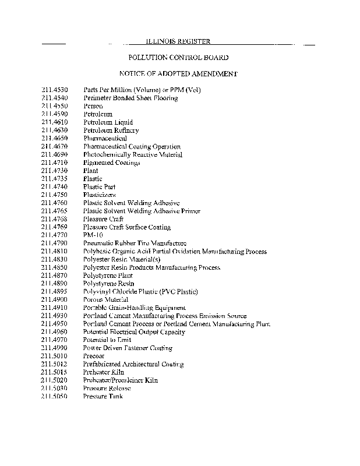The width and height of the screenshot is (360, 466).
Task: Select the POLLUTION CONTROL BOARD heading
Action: click(178, 58)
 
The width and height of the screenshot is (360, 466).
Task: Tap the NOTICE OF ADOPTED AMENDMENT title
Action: click(178, 74)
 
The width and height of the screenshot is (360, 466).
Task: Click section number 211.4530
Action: click(55, 90)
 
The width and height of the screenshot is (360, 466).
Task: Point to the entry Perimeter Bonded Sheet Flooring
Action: click(130, 98)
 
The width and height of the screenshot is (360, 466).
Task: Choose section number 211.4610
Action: click(55, 122)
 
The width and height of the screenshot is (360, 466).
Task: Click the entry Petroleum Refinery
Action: click(111, 130)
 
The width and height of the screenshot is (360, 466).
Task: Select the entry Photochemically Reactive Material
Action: click(133, 155)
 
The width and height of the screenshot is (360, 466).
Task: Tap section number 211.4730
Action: click(55, 171)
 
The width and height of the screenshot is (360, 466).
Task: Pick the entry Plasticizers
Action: click(100, 195)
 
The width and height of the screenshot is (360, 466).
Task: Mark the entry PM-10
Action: click(94, 235)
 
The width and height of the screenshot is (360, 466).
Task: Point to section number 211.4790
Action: click(55, 243)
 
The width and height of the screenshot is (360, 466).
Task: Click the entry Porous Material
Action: click(105, 299)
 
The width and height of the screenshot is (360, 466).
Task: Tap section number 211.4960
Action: click(55, 331)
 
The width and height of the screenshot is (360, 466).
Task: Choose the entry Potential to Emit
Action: click(107, 340)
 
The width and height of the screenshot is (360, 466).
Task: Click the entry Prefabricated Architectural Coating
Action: click(133, 364)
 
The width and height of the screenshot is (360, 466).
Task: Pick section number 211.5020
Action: click(55, 380)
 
